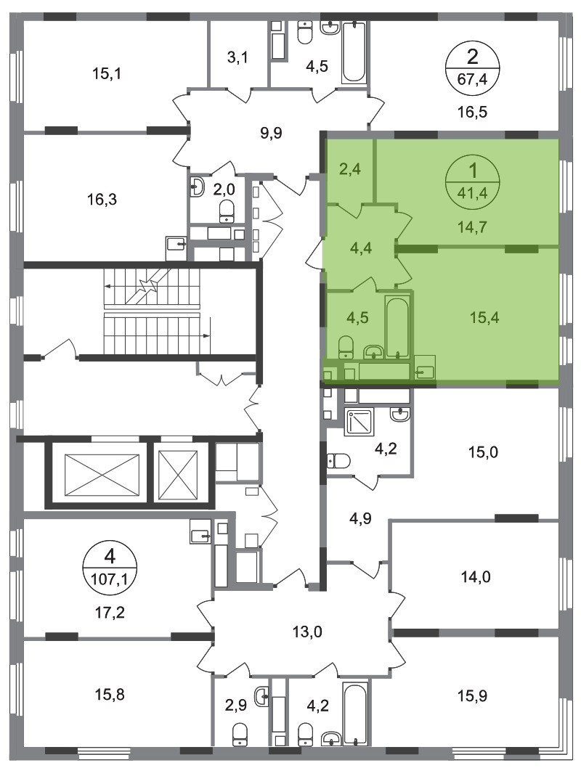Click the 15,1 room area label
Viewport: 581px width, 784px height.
pos(107,74)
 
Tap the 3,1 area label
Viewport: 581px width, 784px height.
pos(237,57)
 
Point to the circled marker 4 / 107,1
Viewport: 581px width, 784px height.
pos(110,568)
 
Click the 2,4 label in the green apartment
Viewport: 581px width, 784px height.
pos(350,169)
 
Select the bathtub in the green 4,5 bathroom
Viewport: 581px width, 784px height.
pos(398,328)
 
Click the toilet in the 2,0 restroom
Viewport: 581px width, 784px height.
pos(227,211)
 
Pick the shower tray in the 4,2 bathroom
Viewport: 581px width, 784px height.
pos(359,423)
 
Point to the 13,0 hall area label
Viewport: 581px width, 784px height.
pos(307,632)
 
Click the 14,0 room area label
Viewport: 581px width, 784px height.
pos(476,577)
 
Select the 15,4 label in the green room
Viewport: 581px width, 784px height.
pos(484,317)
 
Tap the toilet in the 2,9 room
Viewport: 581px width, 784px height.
pos(240,734)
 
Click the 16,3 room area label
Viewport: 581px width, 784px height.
pos(102,200)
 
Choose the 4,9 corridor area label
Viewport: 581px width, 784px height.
pos(359,518)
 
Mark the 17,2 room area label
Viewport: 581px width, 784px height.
pos(110,612)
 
